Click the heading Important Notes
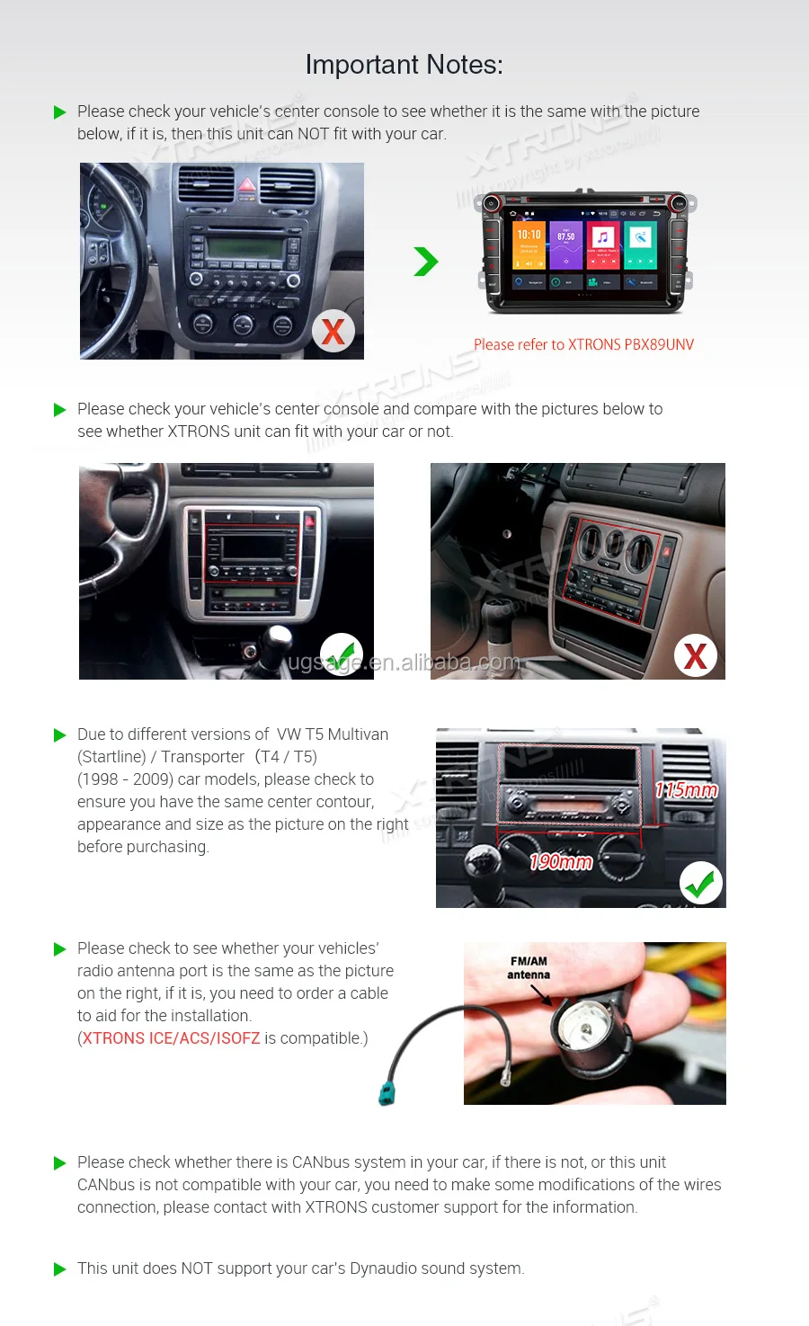[x=404, y=65]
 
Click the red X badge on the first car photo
[x=333, y=331]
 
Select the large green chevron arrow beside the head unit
[x=425, y=262]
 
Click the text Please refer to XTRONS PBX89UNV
[x=583, y=344]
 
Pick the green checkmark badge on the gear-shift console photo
[x=342, y=654]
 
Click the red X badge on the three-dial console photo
[x=695, y=656]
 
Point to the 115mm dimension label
[x=687, y=790]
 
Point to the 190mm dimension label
[x=561, y=862]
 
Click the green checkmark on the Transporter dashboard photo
[x=700, y=884]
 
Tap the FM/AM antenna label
[x=529, y=967]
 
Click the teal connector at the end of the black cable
[x=387, y=1093]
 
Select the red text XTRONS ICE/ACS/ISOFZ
[x=172, y=1038]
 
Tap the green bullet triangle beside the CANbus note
[x=60, y=1163]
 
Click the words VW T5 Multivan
[x=333, y=734]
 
